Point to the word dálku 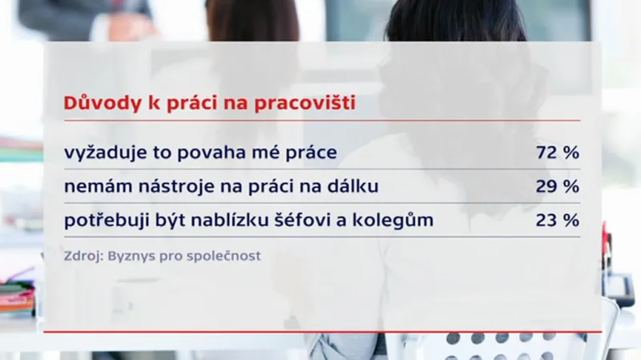click(351, 187)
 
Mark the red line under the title click(320, 121)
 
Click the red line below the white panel click(320, 330)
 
